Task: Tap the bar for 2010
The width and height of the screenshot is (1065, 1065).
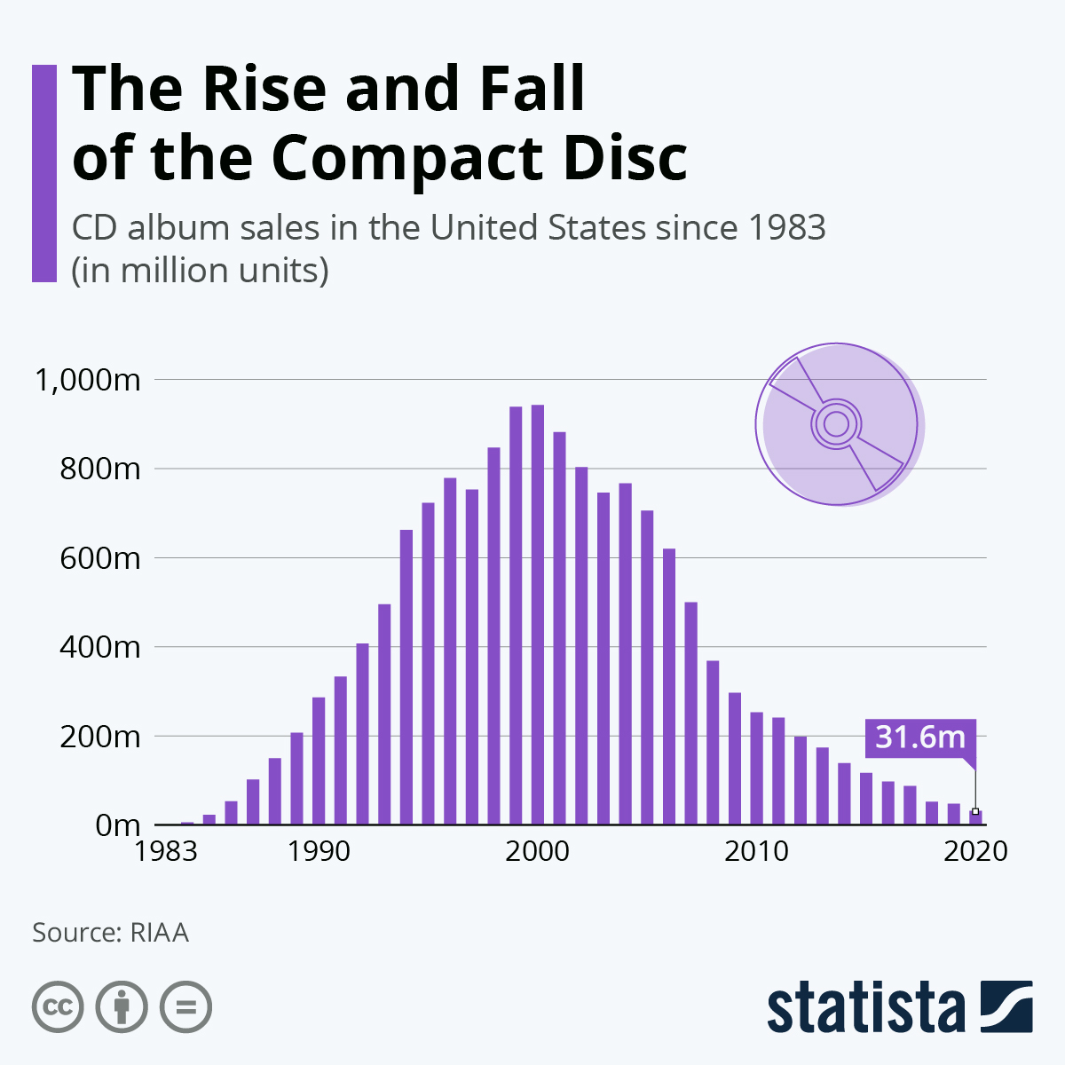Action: point(756,768)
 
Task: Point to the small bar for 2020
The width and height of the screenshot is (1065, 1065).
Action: point(975,817)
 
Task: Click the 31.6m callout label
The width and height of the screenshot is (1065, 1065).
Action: point(919,737)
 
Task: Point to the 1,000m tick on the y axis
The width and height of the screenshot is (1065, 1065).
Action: point(87,380)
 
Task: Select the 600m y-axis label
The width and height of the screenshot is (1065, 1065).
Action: point(99,558)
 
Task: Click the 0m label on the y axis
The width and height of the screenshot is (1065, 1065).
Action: point(117,825)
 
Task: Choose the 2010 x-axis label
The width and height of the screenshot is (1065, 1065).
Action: point(756,851)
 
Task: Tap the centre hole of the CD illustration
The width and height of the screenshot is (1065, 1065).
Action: point(835,424)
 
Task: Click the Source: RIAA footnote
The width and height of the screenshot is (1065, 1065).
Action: point(110,933)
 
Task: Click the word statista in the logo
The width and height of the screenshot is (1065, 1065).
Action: point(865,1008)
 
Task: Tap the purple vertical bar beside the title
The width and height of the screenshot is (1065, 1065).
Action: point(44,173)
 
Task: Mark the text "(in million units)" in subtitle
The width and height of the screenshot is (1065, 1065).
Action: point(201,270)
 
